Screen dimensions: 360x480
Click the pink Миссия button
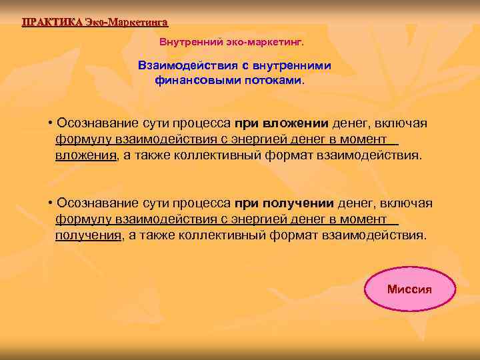[x=409, y=290]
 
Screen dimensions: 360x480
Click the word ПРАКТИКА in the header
[x=52, y=22]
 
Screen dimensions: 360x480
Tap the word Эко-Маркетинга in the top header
[x=126, y=22]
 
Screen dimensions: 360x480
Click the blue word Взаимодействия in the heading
[x=182, y=66]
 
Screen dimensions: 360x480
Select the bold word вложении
[x=300, y=123]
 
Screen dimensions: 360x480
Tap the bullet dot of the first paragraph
[x=51, y=124]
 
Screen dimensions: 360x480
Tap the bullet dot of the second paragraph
[x=51, y=203]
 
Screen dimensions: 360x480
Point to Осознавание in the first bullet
[x=99, y=123]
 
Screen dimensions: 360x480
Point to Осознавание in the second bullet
[x=99, y=203]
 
